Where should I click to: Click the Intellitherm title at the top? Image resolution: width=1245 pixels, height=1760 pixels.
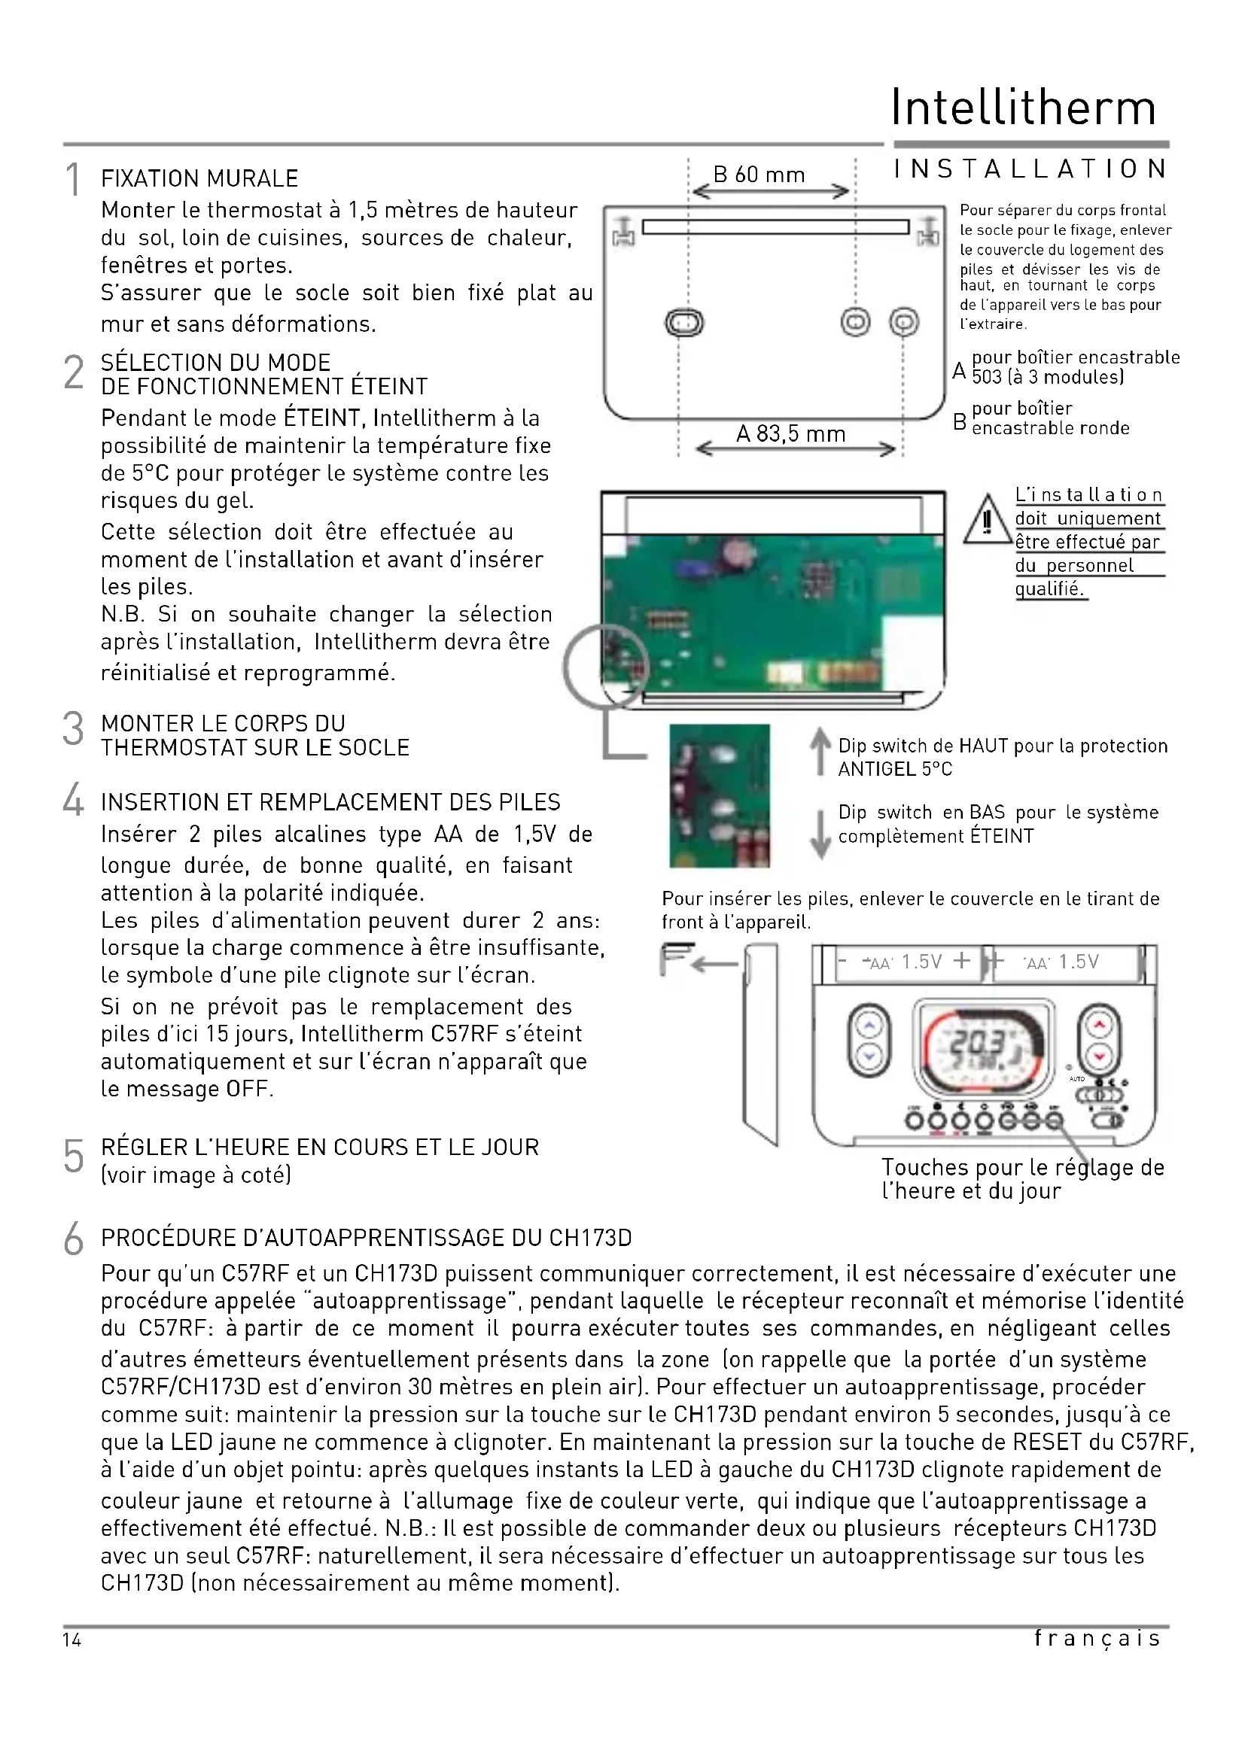(1023, 108)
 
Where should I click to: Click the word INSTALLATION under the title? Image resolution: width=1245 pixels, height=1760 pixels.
(1030, 169)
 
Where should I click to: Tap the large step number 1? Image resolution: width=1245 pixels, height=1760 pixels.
(73, 180)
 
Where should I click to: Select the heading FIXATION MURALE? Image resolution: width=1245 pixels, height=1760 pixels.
(199, 178)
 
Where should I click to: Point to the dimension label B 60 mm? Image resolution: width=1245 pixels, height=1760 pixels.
(758, 175)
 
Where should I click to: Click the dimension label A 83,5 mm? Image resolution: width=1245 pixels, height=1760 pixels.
(790, 434)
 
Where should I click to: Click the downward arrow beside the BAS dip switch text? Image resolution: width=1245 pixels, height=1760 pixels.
(820, 834)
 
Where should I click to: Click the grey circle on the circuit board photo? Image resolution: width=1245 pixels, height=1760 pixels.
(606, 665)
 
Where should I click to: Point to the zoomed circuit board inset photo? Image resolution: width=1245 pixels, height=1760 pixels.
(719, 795)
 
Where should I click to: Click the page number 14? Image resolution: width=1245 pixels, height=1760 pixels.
(72, 1640)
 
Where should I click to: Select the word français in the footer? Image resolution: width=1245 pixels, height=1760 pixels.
(1097, 1639)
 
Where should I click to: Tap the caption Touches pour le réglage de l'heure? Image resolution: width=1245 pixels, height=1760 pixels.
(1022, 1178)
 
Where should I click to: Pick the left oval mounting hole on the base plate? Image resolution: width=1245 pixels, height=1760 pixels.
(683, 322)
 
